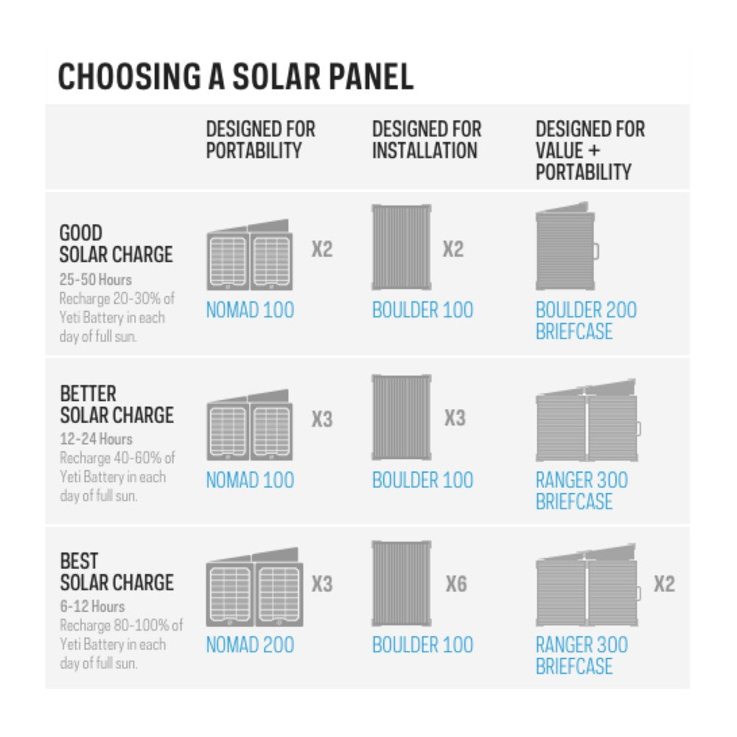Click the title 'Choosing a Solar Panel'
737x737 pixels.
pos(236,76)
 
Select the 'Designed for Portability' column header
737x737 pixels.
pos(260,139)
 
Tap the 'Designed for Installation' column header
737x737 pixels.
pos(427,139)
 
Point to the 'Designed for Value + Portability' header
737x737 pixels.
pos(590,150)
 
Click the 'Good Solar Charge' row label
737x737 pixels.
pos(116,243)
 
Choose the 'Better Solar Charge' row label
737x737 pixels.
pos(116,404)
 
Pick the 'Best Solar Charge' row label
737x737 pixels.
pos(116,572)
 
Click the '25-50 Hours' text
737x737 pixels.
pos(95,279)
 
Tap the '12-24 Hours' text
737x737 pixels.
pos(96,439)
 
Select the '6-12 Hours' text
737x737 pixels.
pos(92,607)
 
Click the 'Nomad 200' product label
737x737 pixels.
pos(250,644)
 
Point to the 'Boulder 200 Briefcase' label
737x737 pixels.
pos(586,321)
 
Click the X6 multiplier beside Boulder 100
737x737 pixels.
pos(456,584)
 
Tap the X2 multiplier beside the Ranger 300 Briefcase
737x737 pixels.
pos(664,584)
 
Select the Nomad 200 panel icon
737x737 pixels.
pos(254,587)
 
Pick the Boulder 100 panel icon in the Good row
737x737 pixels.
pos(402,247)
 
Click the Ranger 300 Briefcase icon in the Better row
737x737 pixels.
pos(588,420)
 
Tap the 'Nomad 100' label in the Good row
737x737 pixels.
pos(250,310)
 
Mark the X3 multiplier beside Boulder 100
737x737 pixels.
pos(455,418)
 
